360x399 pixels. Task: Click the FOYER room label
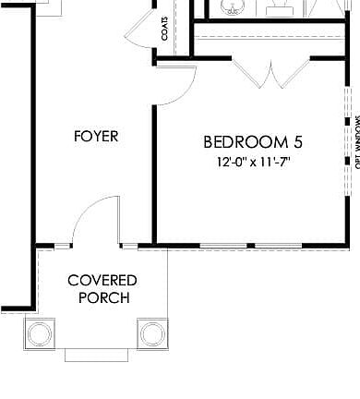96,137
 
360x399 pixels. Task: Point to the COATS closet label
164,31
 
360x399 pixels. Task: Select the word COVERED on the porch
102,281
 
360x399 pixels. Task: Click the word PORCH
103,298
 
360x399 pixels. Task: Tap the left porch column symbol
42,332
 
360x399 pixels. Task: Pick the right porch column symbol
151,332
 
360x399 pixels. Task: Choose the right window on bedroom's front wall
283,246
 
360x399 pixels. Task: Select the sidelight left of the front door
63,246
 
